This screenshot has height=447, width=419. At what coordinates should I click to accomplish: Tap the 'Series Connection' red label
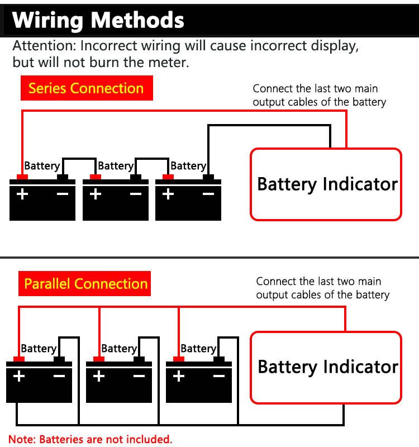click(86, 88)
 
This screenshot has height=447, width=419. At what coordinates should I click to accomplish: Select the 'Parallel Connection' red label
click(86, 283)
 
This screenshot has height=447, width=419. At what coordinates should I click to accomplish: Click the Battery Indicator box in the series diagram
click(326, 184)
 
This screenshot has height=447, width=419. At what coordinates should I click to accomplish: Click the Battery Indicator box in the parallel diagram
click(326, 367)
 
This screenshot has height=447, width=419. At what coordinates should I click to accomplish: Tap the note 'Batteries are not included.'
click(91, 439)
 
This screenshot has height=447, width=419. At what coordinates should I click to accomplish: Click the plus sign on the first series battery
click(22, 194)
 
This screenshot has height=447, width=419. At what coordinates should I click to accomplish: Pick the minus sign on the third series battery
click(208, 194)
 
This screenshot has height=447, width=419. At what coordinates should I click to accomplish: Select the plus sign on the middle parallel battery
click(99, 376)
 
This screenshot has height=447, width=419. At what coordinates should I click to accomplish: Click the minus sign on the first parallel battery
click(59, 376)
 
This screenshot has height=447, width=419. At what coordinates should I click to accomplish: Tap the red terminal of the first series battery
click(22, 177)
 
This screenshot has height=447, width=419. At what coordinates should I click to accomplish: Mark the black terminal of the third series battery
click(208, 177)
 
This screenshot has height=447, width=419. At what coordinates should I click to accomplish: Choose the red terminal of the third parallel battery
click(179, 359)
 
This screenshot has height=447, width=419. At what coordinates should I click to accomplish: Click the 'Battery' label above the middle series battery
click(115, 165)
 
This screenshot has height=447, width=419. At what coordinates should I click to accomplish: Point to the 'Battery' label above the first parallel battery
click(39, 349)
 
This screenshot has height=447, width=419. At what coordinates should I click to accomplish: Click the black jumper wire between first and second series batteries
click(79, 159)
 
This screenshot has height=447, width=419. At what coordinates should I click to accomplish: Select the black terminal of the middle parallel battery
click(139, 359)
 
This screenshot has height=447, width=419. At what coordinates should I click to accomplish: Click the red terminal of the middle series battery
click(96, 177)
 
